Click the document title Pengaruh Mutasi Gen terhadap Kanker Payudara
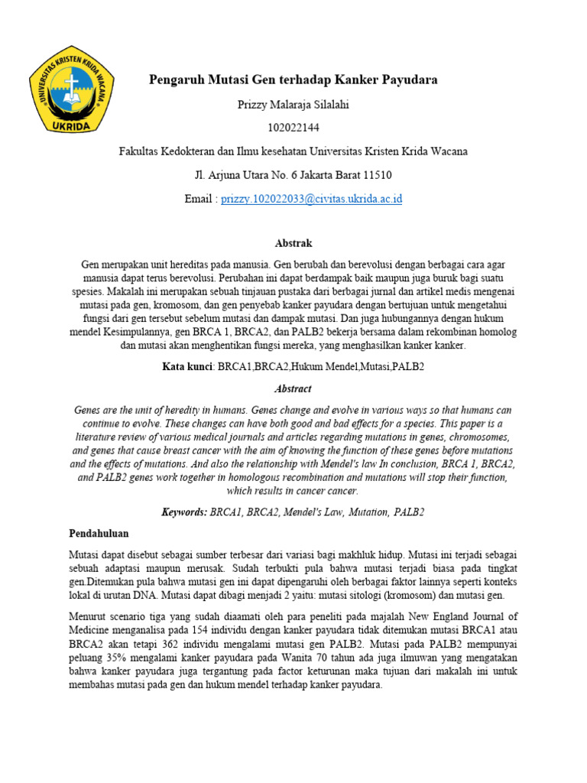coord(293,80)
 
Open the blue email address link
coord(311,199)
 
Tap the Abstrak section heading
coord(293,242)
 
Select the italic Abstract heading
coord(293,388)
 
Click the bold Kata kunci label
coord(188,367)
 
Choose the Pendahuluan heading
coord(99,532)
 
